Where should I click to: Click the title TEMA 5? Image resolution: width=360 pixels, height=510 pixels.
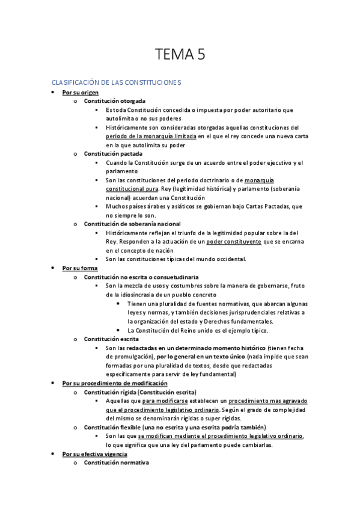(x=180, y=55)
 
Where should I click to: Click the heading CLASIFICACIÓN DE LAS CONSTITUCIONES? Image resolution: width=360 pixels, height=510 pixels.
(x=116, y=82)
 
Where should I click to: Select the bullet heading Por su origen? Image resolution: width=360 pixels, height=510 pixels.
(x=81, y=93)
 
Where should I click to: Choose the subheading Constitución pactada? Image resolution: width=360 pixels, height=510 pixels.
(x=113, y=153)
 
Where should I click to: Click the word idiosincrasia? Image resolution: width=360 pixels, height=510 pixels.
(x=139, y=295)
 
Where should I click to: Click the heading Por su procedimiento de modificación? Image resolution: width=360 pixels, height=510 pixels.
(x=115, y=383)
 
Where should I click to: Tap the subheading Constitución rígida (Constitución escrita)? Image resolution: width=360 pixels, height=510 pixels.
(x=140, y=392)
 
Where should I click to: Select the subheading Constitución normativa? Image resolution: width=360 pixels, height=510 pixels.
(x=116, y=462)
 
